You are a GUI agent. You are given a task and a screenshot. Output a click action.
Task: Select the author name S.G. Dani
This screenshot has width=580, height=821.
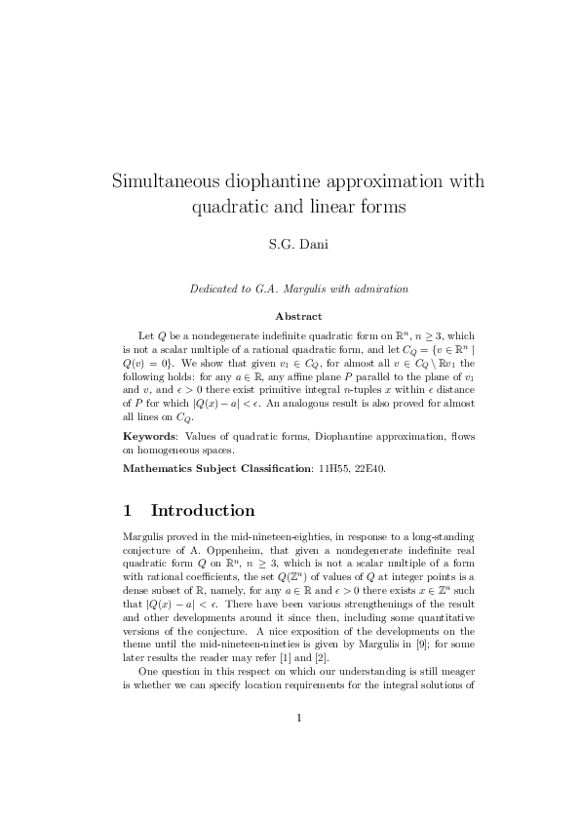click(x=290, y=244)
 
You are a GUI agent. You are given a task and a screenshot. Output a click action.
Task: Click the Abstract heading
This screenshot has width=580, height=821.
click(x=290, y=316)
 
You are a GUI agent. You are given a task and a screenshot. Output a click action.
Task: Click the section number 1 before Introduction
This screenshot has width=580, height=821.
click(x=128, y=511)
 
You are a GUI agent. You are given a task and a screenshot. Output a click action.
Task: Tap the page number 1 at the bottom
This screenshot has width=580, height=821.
click(x=290, y=747)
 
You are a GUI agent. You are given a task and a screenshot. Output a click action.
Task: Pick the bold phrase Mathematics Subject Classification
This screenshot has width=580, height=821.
click(x=214, y=469)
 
